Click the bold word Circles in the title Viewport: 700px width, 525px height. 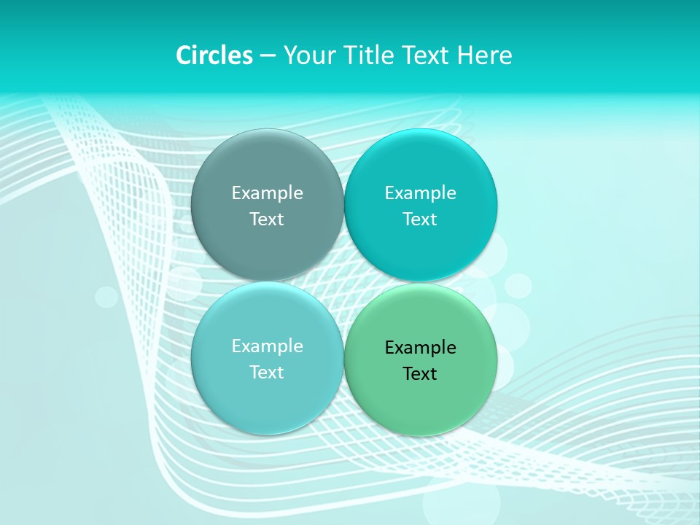coord(214,55)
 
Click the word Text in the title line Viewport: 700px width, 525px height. coord(427,55)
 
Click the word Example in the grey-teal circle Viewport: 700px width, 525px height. coord(267,192)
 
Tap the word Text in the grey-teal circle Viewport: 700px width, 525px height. coord(267,219)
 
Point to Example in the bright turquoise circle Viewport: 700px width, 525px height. coord(421,192)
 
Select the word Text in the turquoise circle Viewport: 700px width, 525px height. coord(421,219)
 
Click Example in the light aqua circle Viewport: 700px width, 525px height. coord(267,346)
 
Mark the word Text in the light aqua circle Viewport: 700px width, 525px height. coord(267,372)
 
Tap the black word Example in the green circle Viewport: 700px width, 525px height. coord(421,347)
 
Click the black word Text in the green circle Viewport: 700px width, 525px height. coord(421,373)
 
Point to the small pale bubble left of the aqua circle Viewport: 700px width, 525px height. coord(106,297)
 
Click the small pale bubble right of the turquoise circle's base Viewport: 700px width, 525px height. coord(518,285)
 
